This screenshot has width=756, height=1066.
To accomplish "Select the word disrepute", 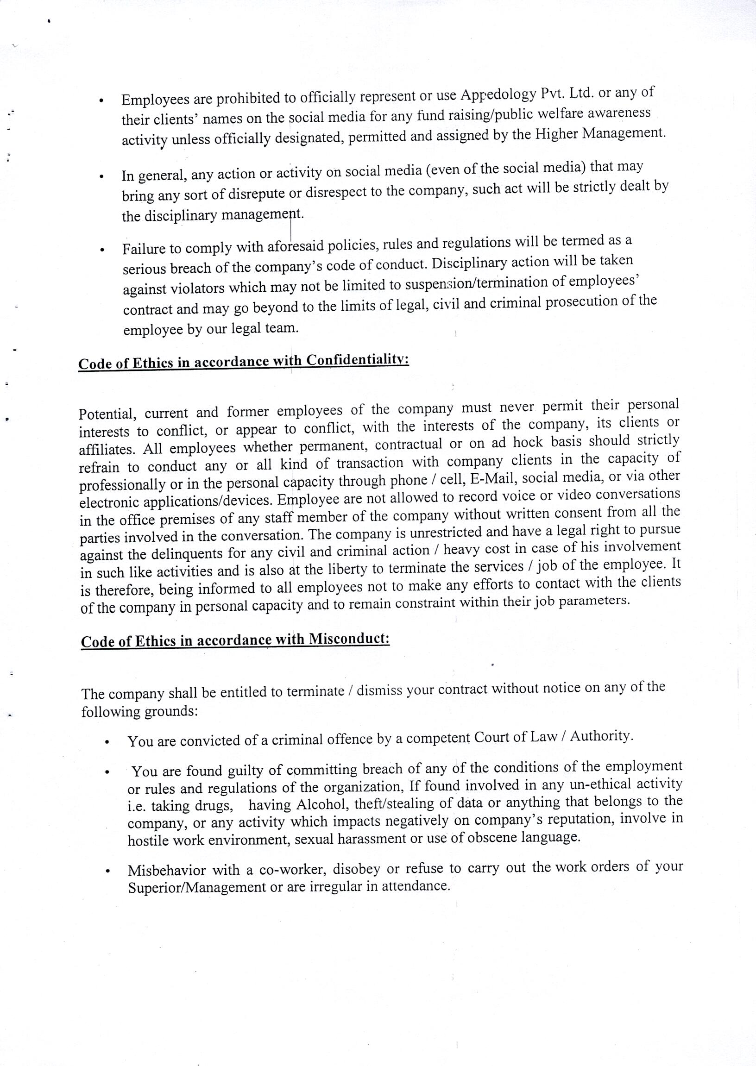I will pyautogui.click(x=255, y=194).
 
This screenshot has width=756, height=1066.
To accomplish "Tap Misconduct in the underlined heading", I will pyautogui.click(x=349, y=639).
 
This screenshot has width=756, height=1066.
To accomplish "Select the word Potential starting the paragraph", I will pyautogui.click(x=107, y=414).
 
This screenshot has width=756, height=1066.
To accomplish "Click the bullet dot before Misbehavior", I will pyautogui.click(x=107, y=871).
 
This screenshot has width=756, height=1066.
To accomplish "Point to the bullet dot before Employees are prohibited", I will pyautogui.click(x=101, y=100).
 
